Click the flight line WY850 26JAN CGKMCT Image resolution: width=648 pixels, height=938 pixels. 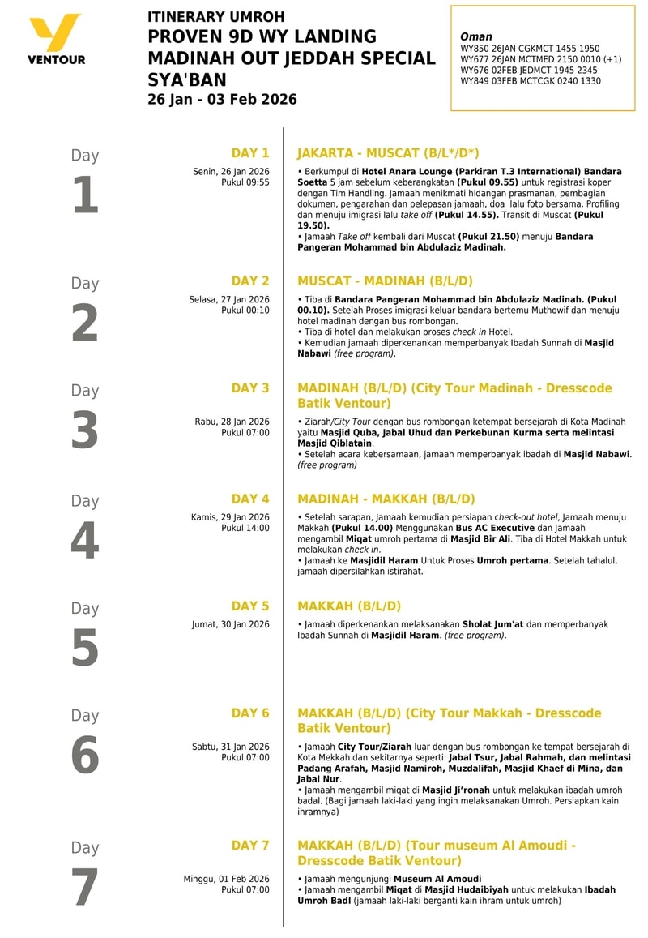pos(530,49)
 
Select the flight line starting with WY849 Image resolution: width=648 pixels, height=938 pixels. pos(531,81)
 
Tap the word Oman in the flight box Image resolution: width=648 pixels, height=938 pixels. pos(475,37)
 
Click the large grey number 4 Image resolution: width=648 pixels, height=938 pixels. pos(85,542)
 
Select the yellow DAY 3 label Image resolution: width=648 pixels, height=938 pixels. pos(250,388)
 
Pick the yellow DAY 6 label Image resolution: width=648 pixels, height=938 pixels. pos(250,713)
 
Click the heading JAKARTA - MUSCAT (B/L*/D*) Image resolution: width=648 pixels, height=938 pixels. pos(388,153)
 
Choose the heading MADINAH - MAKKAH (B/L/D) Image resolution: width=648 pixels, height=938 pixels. pos(386,499)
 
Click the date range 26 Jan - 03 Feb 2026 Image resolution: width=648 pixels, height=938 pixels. pos(222,100)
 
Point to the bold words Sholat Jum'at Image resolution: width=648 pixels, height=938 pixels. pos(492,624)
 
